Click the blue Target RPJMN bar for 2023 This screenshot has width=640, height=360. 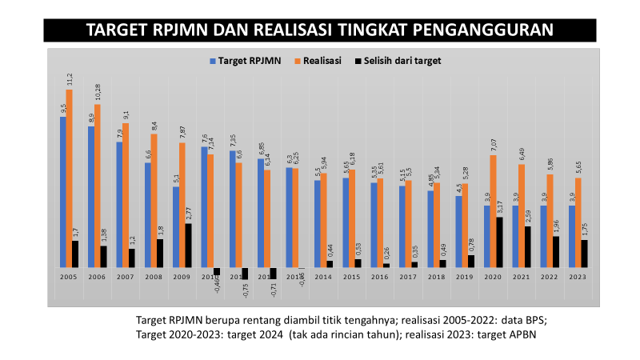click(571, 236)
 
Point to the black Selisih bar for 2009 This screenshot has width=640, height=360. click(189, 245)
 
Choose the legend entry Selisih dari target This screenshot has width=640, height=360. click(398, 60)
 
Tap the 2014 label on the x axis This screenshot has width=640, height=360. click(324, 277)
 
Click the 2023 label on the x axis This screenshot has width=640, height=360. click(578, 277)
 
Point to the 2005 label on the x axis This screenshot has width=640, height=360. click(70, 277)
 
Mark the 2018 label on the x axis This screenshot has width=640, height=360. click(437, 277)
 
